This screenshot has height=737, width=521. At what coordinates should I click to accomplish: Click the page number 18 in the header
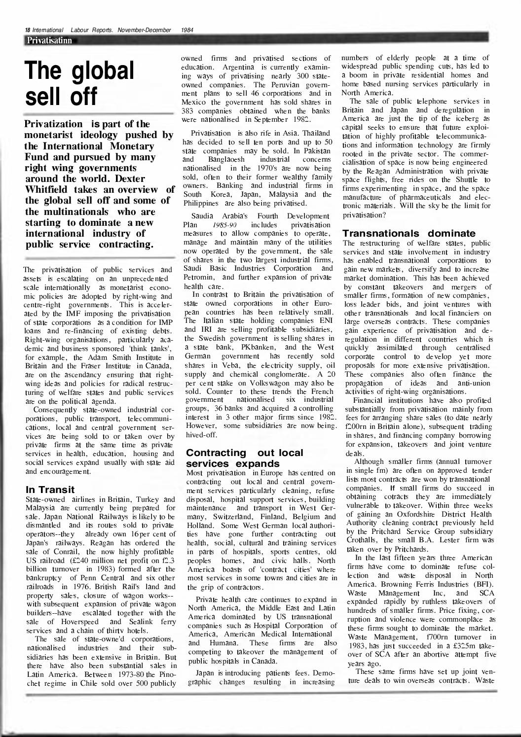[27, 31]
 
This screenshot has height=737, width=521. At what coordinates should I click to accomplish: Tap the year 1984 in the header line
[187, 31]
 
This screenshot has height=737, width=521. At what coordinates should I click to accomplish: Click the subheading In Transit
[50, 490]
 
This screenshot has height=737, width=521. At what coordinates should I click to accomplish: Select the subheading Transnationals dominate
[409, 233]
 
